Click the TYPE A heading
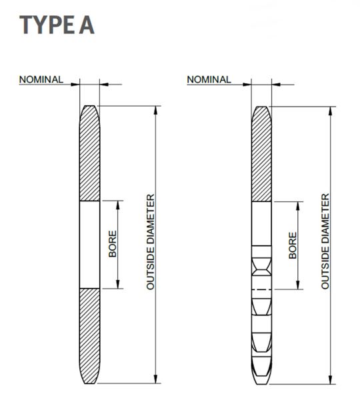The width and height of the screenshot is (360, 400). (57, 25)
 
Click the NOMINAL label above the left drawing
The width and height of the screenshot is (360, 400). (41, 79)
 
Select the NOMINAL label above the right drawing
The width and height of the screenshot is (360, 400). (209, 79)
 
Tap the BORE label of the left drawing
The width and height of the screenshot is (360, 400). (112, 244)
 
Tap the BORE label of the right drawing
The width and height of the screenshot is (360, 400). (293, 245)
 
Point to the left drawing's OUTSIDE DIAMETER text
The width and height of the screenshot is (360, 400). (151, 241)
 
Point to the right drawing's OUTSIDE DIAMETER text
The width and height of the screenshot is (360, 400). (325, 241)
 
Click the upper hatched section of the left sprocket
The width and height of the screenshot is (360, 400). (89, 153)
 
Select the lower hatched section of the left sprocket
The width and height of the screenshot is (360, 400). (89, 336)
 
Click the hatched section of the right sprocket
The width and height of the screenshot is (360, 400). (261, 154)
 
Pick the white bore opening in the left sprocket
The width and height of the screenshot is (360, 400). (89, 245)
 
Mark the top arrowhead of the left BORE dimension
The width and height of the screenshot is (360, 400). (118, 205)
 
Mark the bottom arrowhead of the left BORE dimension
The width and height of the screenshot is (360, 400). (118, 285)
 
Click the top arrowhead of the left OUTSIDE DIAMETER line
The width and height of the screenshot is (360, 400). (156, 110)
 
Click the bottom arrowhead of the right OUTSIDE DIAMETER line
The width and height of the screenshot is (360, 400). (331, 380)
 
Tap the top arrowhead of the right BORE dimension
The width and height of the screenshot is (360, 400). (298, 205)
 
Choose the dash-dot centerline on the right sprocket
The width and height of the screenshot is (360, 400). (261, 289)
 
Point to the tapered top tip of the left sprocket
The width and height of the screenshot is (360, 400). (89, 106)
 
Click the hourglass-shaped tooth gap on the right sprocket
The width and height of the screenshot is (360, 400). (261, 266)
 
